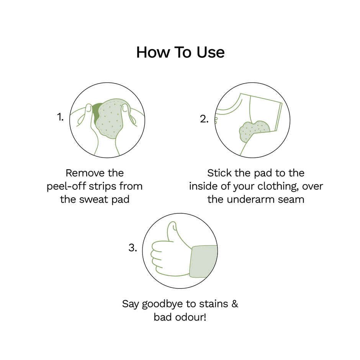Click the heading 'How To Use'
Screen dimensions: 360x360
180,52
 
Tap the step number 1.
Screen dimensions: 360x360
61,117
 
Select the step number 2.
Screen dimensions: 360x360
204,119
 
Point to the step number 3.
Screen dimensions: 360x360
133,248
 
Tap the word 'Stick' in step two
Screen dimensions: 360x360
219,173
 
